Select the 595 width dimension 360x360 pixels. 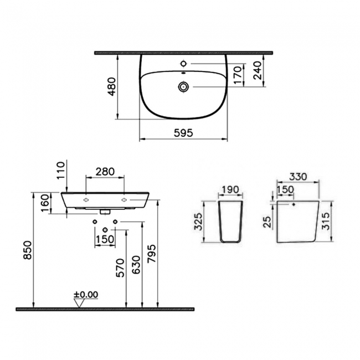(x=183, y=132)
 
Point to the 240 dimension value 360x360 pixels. (x=256, y=70)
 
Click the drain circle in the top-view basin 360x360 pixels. (x=183, y=86)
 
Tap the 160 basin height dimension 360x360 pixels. (x=44, y=203)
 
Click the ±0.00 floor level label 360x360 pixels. (x=85, y=294)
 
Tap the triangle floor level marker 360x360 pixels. (x=79, y=302)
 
